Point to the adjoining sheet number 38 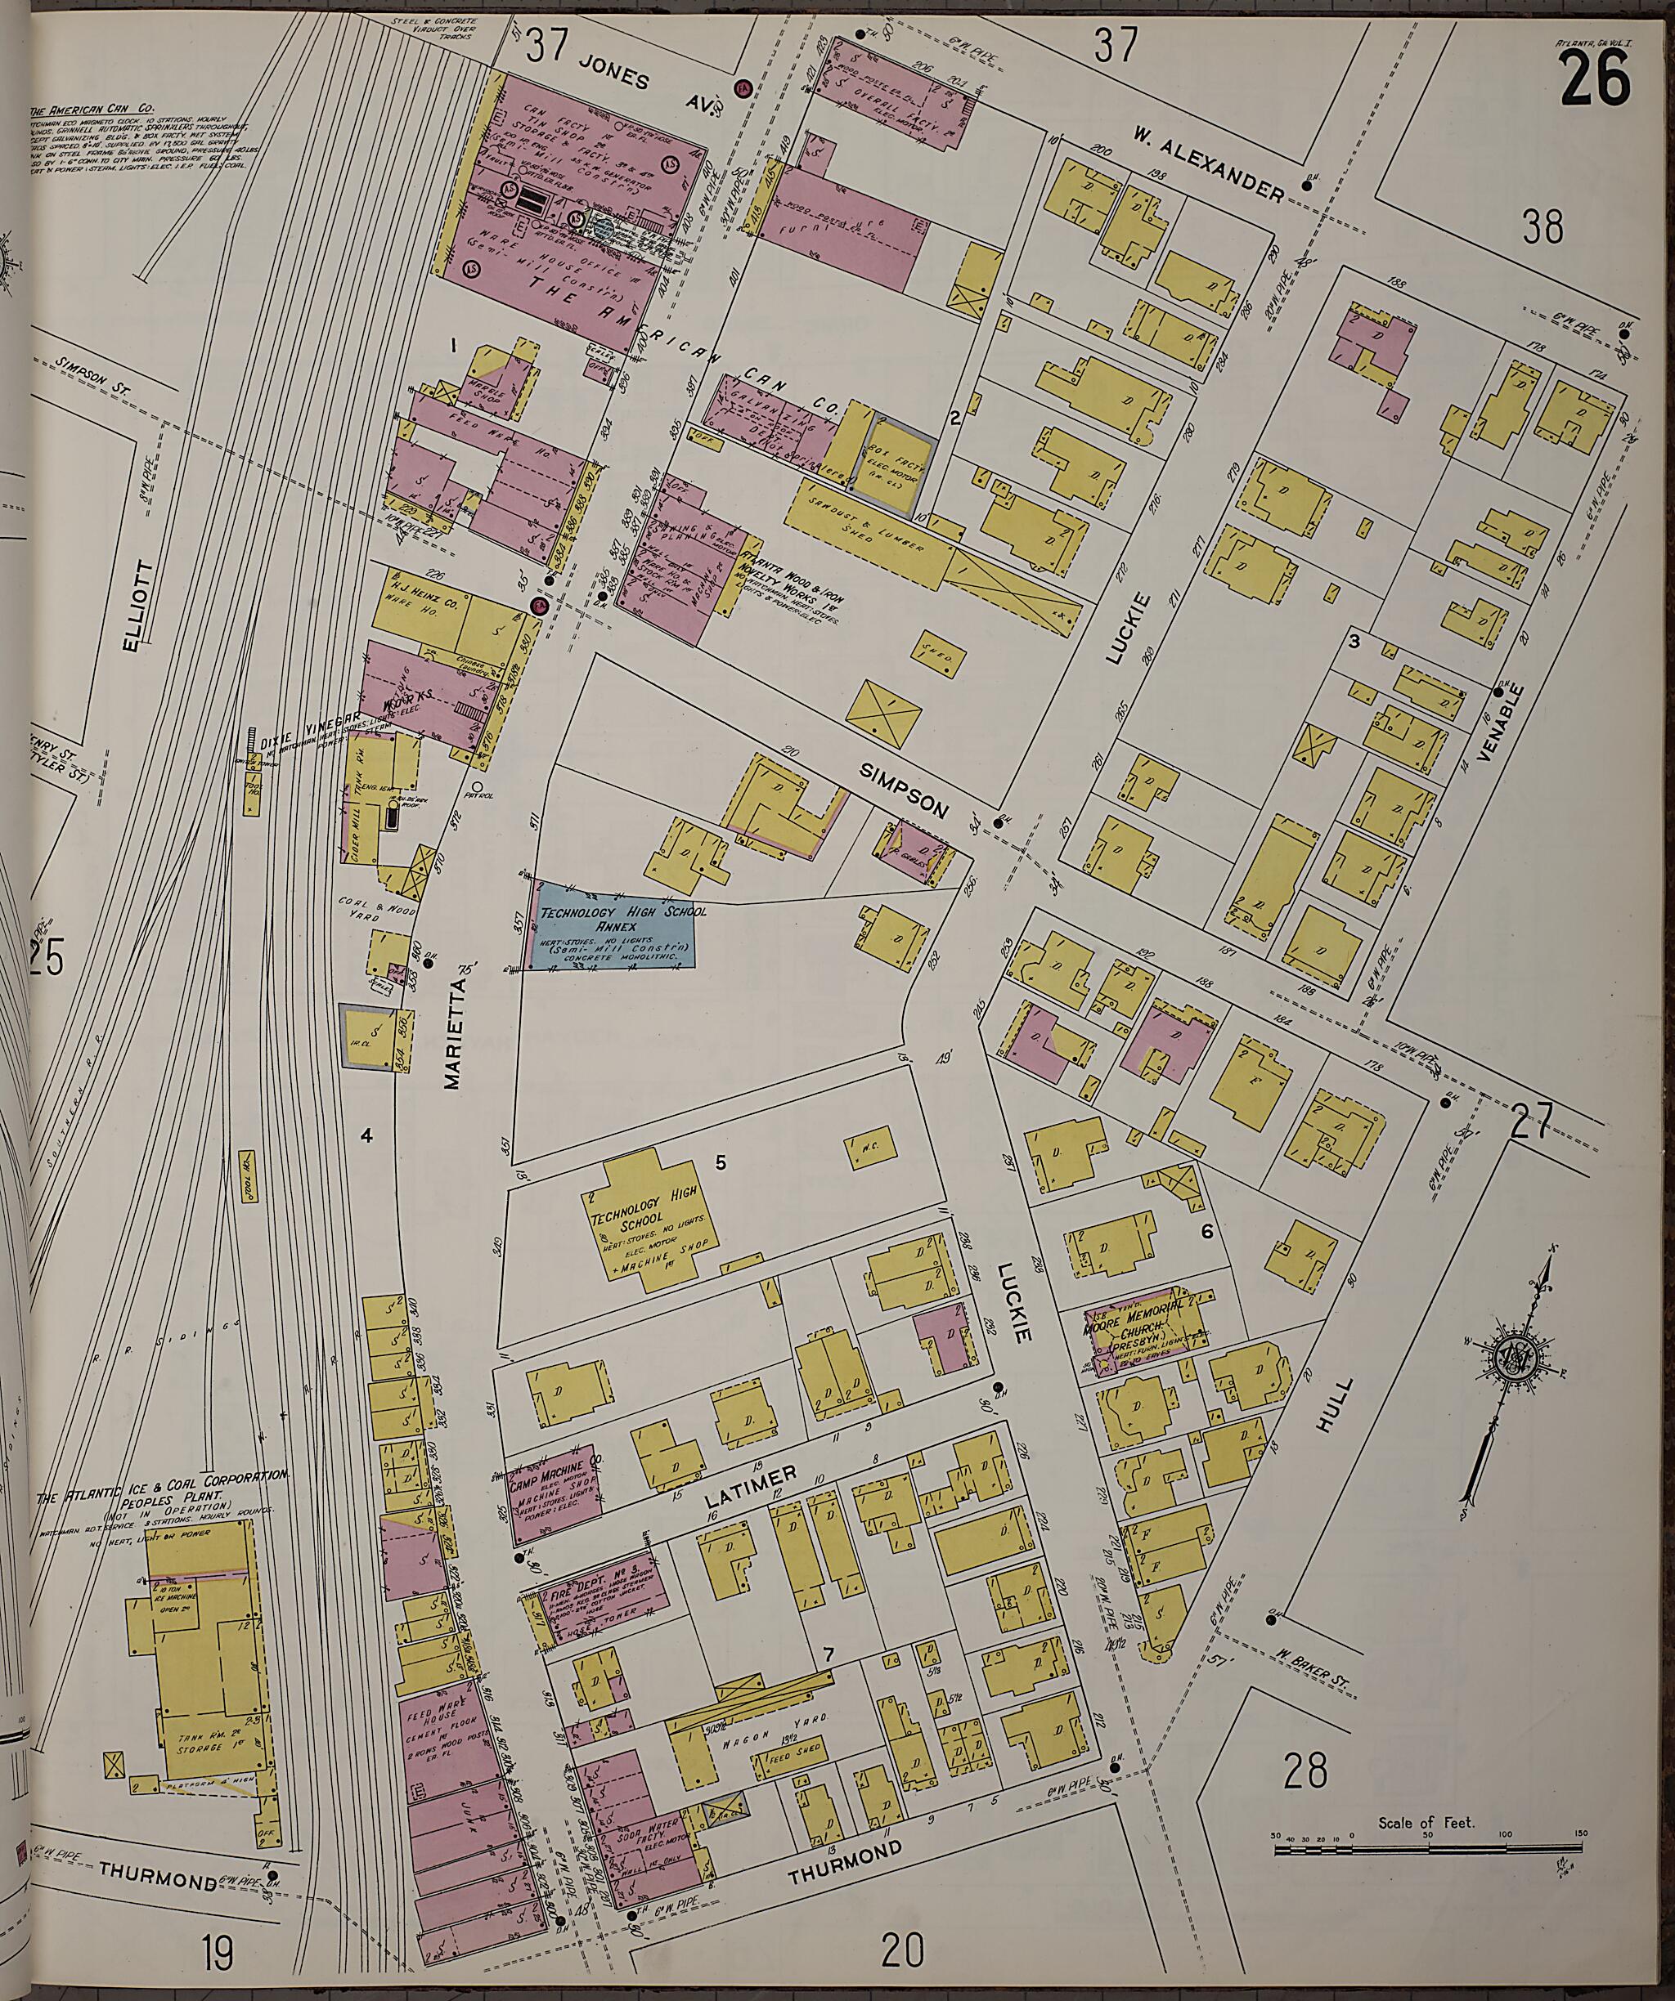tap(1543, 226)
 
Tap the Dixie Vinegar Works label tap(315, 737)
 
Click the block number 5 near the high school tap(720, 1162)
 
